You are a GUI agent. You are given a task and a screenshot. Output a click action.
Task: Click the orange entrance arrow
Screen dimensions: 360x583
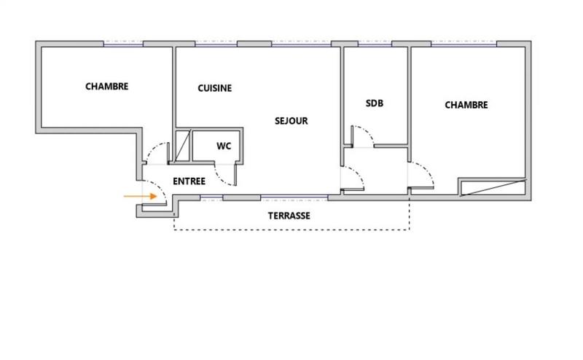click(140, 196)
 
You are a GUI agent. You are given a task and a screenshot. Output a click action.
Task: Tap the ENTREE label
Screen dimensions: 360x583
click(189, 181)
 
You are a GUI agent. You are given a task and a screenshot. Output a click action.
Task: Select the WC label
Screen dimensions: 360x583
click(224, 146)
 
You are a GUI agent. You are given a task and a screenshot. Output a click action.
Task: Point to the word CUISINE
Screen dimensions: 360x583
click(214, 88)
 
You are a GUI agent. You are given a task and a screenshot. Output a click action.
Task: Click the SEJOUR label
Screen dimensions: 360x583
click(291, 121)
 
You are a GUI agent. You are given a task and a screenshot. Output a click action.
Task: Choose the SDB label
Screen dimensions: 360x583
click(374, 103)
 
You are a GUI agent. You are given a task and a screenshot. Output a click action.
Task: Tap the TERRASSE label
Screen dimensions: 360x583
click(289, 216)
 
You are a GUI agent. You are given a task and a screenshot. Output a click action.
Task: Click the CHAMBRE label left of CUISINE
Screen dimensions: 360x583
click(107, 86)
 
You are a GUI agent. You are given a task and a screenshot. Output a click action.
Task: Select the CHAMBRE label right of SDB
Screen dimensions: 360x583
click(466, 105)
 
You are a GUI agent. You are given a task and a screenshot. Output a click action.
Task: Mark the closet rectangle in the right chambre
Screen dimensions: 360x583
click(492, 187)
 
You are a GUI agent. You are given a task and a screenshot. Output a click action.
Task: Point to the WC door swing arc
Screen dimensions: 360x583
click(229, 173)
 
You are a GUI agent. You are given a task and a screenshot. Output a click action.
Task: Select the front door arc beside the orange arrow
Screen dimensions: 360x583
click(161, 192)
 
